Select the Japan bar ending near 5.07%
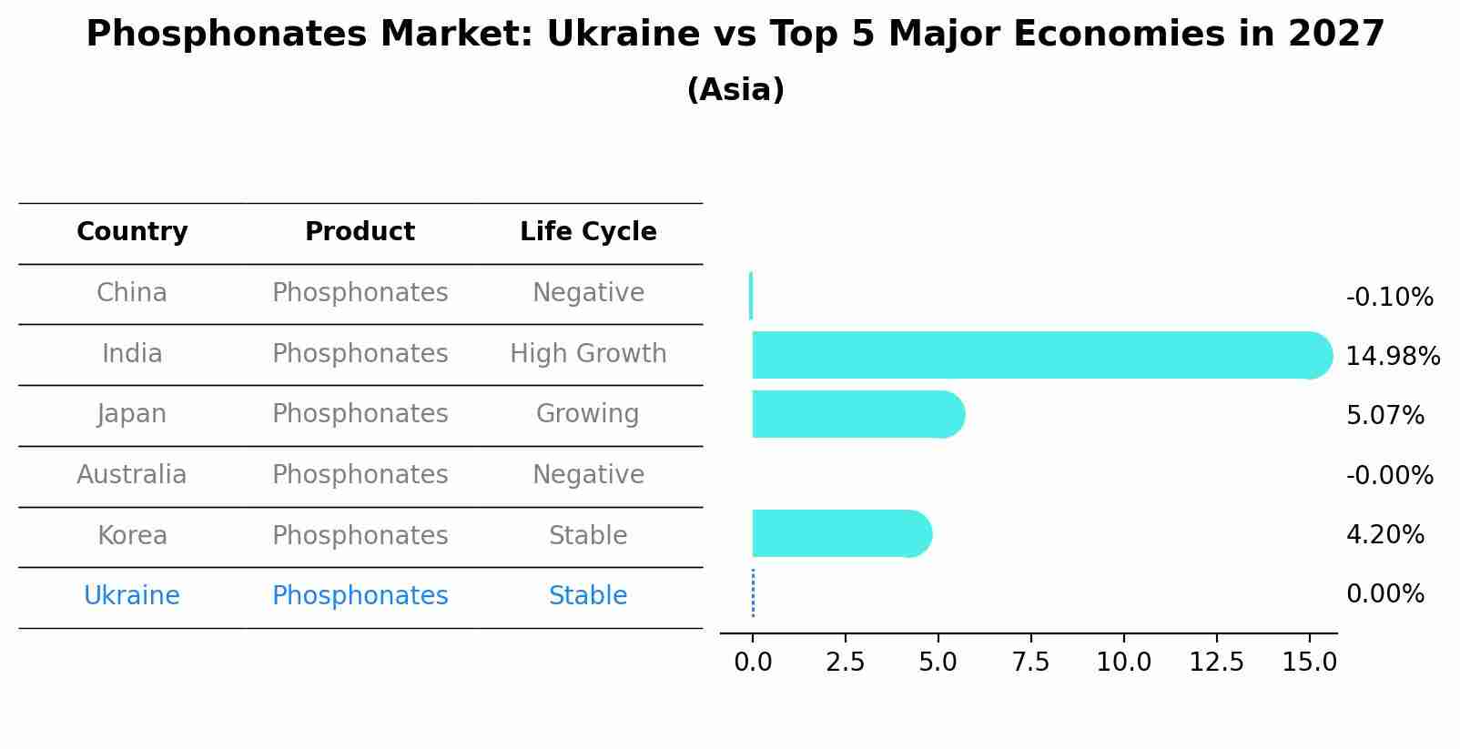[x=856, y=414]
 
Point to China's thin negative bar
[x=751, y=296]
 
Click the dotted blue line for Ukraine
[x=753, y=593]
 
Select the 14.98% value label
[x=1392, y=356]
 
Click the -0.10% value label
[x=1389, y=298]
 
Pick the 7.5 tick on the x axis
[x=1030, y=662]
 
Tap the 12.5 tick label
[x=1216, y=662]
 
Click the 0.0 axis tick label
[x=753, y=662]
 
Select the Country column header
[x=132, y=232]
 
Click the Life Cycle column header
[x=588, y=232]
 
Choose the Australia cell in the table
[x=132, y=475]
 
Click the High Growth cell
[x=588, y=354]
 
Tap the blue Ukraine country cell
[x=132, y=596]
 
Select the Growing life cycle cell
[x=588, y=414]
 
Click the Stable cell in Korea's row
[x=588, y=536]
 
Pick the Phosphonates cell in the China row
[x=360, y=293]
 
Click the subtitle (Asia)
[x=735, y=90]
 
